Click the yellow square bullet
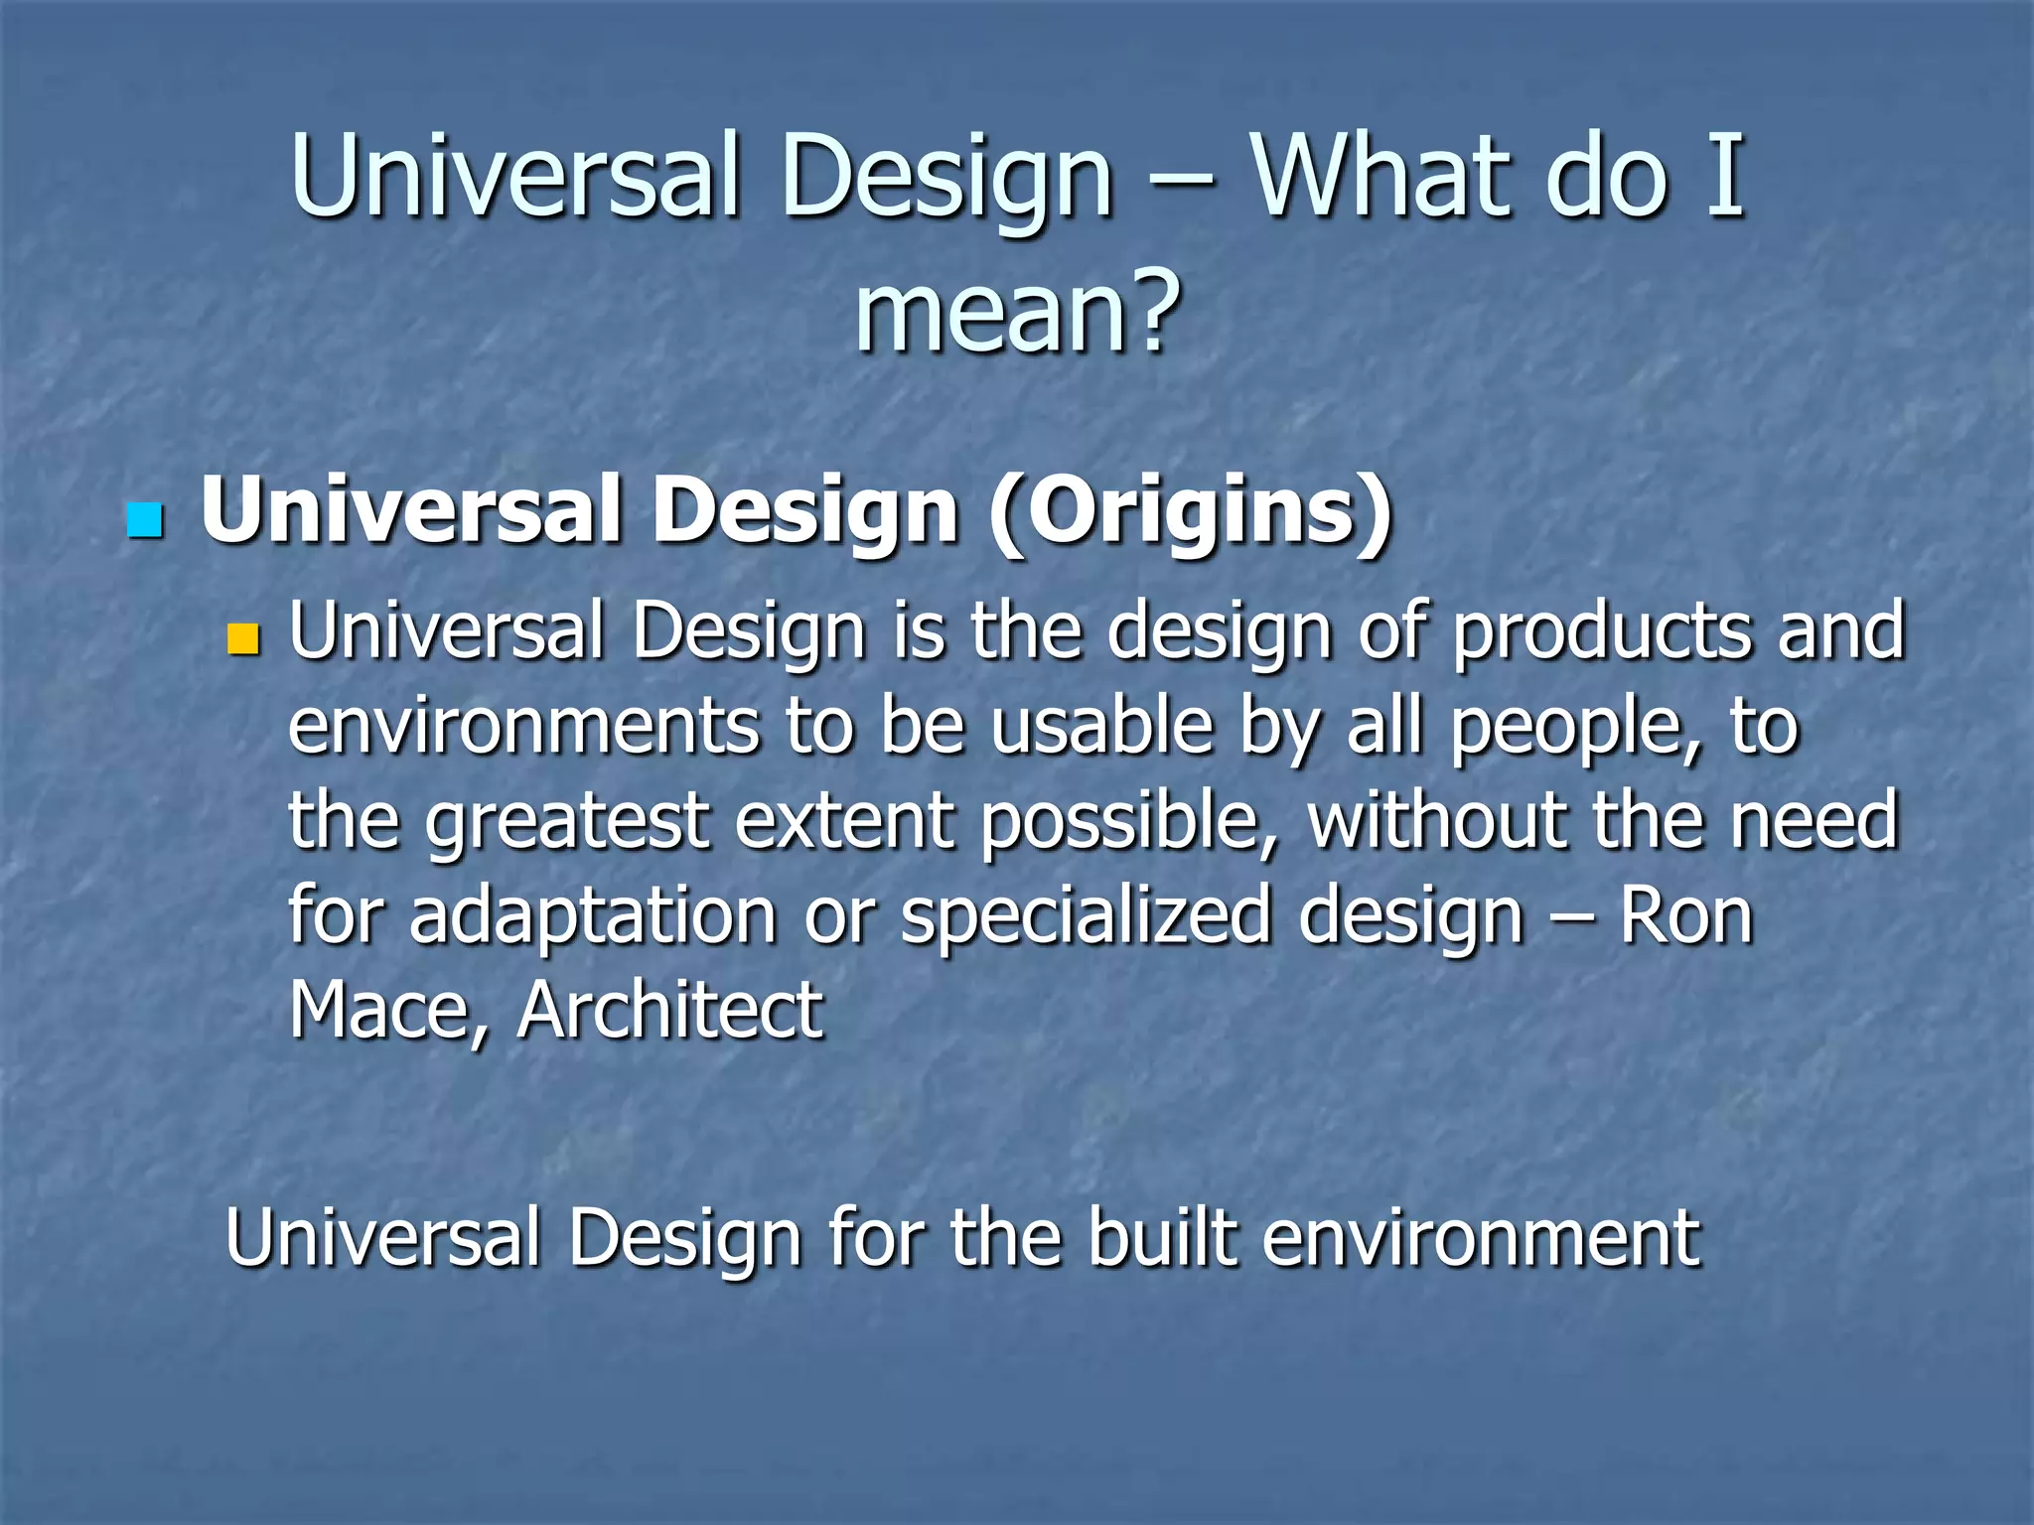[242, 639]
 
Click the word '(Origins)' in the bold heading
[1190, 511]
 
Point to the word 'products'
[1602, 631]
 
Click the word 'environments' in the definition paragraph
[523, 725]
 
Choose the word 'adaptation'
[592, 915]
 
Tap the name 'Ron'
[1685, 914]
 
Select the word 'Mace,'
[387, 1011]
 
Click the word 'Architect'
[670, 1009]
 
